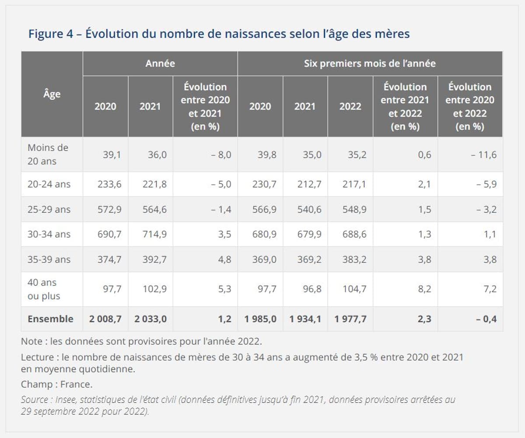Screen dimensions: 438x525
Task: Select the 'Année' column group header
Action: pyautogui.click(x=160, y=63)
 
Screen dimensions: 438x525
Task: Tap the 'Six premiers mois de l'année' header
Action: pyautogui.click(x=370, y=63)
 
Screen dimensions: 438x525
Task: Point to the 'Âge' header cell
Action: pyautogui.click(x=52, y=94)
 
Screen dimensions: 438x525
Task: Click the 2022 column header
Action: pyautogui.click(x=350, y=106)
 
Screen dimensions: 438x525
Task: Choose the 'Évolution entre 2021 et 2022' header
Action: pyautogui.click(x=405, y=106)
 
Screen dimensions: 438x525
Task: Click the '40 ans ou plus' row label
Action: pyautogui.click(x=44, y=289)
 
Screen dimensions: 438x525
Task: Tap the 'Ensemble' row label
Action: pyautogui.click(x=50, y=319)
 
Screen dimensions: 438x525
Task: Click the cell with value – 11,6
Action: pyautogui.click(x=484, y=155)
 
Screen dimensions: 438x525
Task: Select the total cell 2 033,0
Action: pyautogui.click(x=150, y=319)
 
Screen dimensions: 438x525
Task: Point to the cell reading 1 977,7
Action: pyautogui.click(x=350, y=319)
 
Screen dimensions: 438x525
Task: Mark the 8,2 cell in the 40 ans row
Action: pyautogui.click(x=424, y=289)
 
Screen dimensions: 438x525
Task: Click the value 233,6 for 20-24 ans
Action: pyautogui.click(x=109, y=184)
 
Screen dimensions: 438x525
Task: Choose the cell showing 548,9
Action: pyautogui.click(x=354, y=210)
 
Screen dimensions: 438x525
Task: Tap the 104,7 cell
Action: pyautogui.click(x=354, y=289)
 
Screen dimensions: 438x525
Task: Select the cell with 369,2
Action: pyautogui.click(x=309, y=259)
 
